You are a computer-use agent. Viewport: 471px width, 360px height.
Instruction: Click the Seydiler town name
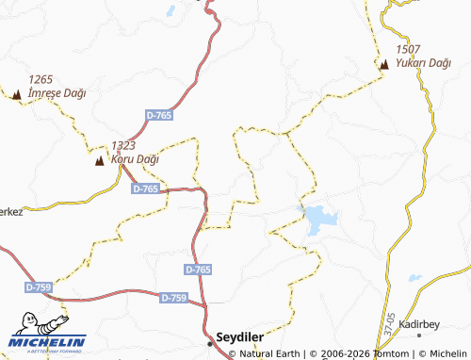point(240,335)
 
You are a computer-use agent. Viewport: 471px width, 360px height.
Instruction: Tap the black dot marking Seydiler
point(211,335)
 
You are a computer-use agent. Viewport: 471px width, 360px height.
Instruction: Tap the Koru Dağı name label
point(136,159)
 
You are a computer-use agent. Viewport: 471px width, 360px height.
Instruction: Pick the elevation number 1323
point(123,146)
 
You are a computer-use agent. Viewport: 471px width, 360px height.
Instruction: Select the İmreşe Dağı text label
point(58,92)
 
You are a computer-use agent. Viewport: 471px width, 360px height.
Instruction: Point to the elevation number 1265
point(41,79)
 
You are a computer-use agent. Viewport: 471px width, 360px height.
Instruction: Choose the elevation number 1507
point(408,49)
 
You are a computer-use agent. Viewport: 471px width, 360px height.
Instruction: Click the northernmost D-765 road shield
point(159,114)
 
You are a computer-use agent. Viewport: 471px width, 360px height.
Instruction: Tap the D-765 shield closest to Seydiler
point(198,270)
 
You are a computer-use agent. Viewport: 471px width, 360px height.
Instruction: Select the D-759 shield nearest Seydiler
point(173,298)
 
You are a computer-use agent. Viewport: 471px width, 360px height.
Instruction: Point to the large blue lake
point(318,221)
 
